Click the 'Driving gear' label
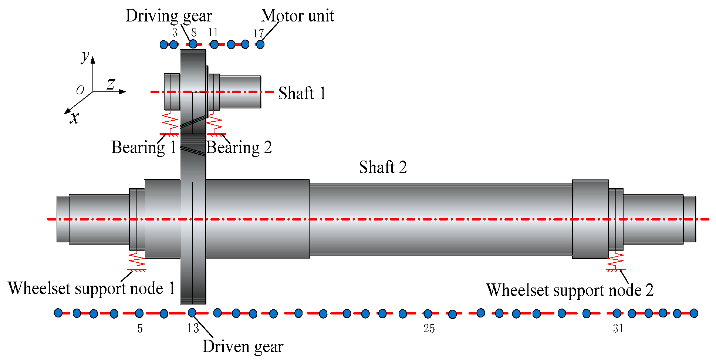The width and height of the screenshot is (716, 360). [169, 16]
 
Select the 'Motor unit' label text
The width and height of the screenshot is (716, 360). [297, 16]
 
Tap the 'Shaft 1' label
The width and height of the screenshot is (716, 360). [302, 93]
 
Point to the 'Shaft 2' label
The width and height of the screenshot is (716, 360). [383, 167]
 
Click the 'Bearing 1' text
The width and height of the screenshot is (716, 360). [143, 148]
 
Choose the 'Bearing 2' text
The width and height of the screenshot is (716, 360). [239, 148]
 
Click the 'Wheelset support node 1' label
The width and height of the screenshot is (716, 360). [91, 288]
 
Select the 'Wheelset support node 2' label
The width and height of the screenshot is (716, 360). [570, 290]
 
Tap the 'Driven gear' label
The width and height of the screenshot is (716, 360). [243, 347]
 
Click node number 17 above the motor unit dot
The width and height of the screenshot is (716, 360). [258, 34]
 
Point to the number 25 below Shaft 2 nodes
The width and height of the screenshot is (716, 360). [429, 329]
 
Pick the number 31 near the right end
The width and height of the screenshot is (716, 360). [618, 329]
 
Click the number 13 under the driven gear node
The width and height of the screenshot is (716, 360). [193, 328]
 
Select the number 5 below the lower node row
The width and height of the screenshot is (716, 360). [140, 329]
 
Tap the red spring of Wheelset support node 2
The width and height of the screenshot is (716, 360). [616, 260]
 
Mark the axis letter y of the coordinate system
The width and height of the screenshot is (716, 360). [85, 56]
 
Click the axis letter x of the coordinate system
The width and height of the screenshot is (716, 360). [74, 118]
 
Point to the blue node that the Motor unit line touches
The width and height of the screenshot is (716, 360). [260, 44]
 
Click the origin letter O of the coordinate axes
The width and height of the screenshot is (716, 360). [80, 90]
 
